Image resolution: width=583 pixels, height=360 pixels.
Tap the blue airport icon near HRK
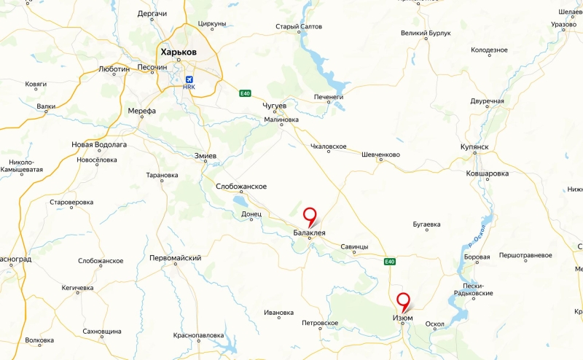[x=190, y=79]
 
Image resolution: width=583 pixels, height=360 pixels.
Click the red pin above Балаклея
[x=310, y=216]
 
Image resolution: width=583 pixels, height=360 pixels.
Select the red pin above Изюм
[x=402, y=300]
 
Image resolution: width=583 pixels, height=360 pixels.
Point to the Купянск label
[x=474, y=146]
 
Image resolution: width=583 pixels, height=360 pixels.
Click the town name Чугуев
[x=275, y=106]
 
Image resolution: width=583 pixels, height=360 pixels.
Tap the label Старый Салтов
[x=298, y=27]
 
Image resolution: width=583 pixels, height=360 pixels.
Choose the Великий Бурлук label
[x=426, y=34]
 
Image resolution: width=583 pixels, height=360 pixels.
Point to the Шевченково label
[x=381, y=154]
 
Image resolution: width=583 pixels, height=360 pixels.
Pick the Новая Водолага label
[x=99, y=145]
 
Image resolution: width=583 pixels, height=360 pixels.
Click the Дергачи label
[x=152, y=14]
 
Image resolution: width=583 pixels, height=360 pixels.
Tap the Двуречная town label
[x=488, y=101]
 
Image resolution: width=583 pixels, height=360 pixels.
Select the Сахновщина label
[x=102, y=331]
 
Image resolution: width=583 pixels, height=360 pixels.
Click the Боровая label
[x=477, y=257]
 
